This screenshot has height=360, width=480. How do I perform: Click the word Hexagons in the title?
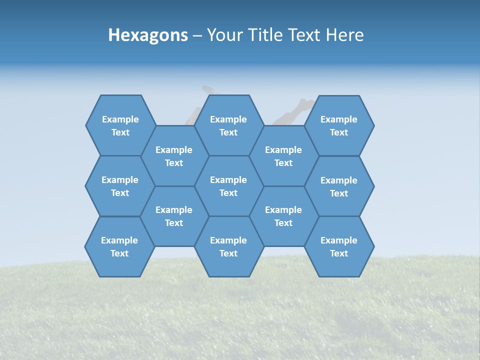pyautogui.click(x=148, y=35)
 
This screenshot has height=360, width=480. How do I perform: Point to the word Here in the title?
pyautogui.click(x=345, y=35)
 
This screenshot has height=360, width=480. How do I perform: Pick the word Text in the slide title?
pyautogui.click(x=304, y=35)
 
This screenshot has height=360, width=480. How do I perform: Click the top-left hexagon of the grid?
pyautogui.click(x=120, y=125)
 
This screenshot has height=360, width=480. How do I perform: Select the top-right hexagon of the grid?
pyautogui.click(x=339, y=125)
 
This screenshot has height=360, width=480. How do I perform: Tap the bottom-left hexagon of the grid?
pyautogui.click(x=119, y=246)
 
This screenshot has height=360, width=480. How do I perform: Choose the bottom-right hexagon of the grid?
pyautogui.click(x=339, y=246)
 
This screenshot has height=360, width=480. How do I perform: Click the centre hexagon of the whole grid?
pyautogui.click(x=228, y=186)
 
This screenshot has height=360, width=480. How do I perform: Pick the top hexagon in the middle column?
pyautogui.click(x=228, y=125)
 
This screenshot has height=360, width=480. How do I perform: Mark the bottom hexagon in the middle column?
pyautogui.click(x=228, y=246)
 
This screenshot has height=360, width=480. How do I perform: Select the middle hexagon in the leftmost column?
pyautogui.click(x=120, y=186)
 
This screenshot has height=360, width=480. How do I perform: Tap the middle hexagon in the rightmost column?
pyautogui.click(x=339, y=186)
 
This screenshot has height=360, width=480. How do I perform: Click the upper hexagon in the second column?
pyautogui.click(x=174, y=156)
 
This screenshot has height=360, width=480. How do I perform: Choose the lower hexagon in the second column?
pyautogui.click(x=174, y=216)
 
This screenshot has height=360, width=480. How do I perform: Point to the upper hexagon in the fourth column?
pyautogui.click(x=283, y=156)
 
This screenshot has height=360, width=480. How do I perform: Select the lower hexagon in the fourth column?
pyautogui.click(x=283, y=216)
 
